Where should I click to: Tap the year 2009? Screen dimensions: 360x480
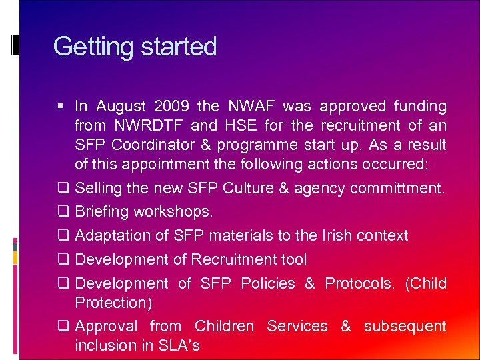coord(172,106)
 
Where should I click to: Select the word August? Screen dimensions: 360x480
coord(121,106)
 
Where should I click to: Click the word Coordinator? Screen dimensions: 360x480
coord(154,145)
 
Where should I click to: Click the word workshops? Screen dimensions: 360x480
coord(173,212)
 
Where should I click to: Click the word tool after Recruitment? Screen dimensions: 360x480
coord(293,259)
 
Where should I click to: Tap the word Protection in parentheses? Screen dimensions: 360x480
coord(113,303)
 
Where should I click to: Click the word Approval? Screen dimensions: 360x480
coord(107,326)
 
